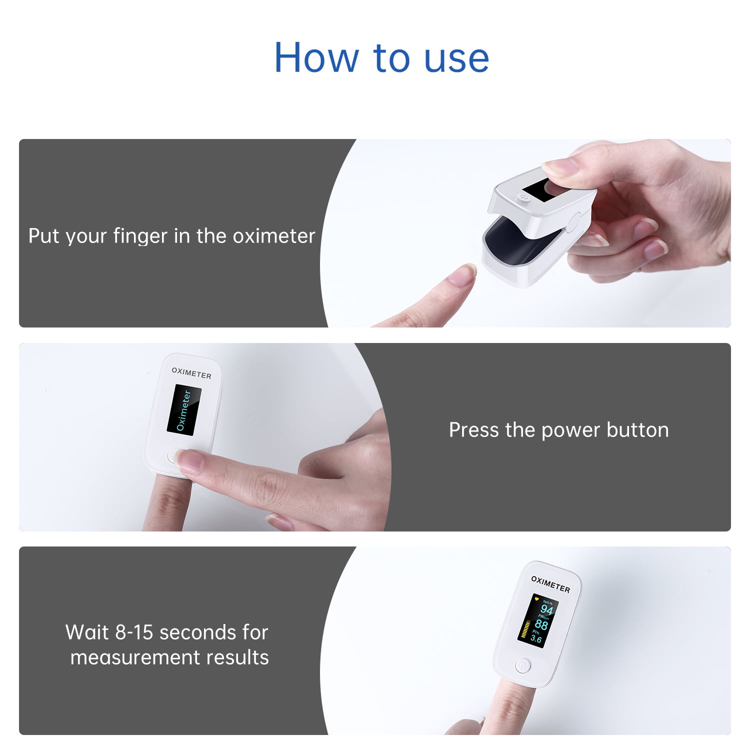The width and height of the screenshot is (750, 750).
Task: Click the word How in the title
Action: coord(316,57)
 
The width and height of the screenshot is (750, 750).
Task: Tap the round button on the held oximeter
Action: coord(523,197)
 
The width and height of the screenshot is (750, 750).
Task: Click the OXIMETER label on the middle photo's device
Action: coord(191,373)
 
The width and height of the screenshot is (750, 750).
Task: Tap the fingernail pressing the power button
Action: coord(189,461)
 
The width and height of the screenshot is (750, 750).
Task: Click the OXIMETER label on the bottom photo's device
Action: coord(550,584)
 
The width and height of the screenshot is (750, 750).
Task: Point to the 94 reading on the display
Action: coord(546,609)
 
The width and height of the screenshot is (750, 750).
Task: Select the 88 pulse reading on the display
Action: coord(541,624)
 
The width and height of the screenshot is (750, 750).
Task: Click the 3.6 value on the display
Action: coord(535,638)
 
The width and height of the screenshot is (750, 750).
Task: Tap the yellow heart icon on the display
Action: coord(536,598)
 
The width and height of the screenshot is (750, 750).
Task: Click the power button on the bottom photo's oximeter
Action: coord(523,665)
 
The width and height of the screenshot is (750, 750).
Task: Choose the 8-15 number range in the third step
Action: coord(134,632)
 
